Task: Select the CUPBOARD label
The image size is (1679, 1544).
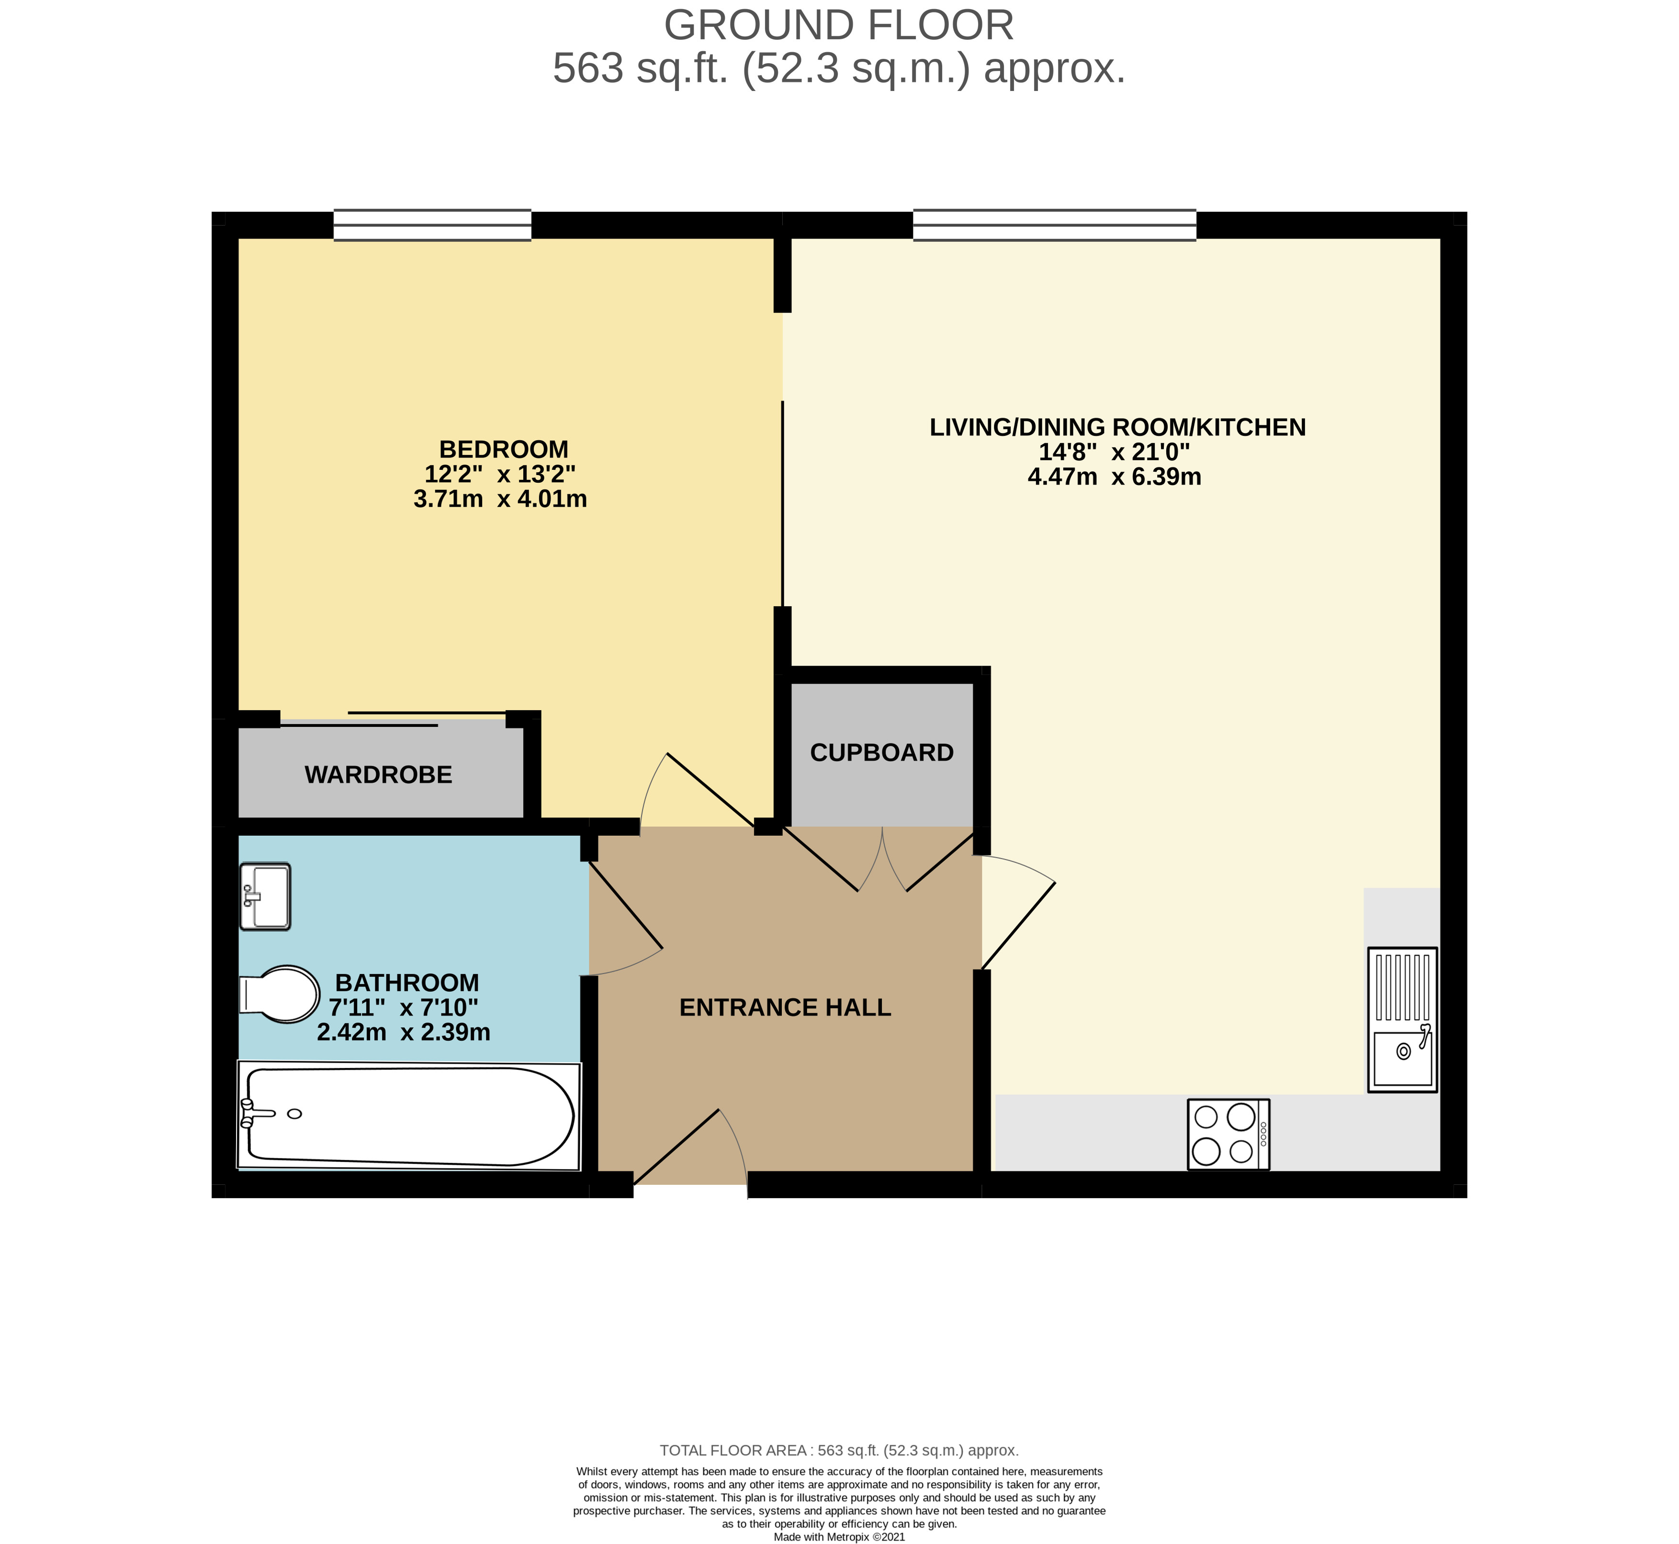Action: tap(881, 753)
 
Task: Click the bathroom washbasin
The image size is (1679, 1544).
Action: tap(265, 897)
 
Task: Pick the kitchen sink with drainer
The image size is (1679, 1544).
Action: tap(1402, 1019)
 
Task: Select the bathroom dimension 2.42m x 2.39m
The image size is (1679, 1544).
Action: tap(404, 1032)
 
